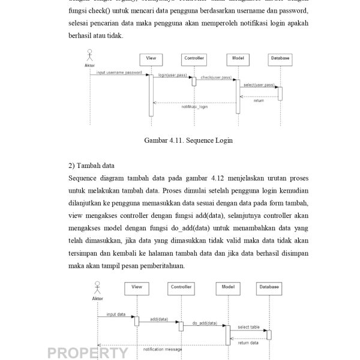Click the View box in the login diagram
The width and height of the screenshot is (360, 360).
coord(151,58)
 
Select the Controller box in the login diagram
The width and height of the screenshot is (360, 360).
coord(193,58)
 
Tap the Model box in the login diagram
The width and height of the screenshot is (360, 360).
coord(236,58)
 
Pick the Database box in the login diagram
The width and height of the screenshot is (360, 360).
coord(280,58)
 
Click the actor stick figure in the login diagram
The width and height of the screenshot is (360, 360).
coord(91,55)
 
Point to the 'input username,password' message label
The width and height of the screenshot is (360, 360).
coord(119,72)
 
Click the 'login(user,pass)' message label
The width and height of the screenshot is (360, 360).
coord(172,75)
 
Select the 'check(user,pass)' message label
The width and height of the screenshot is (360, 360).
coord(216,77)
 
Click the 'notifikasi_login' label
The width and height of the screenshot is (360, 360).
coord(194,106)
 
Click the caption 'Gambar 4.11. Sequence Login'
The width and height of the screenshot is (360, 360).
coord(188,140)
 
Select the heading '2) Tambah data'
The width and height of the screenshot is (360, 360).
coord(91,165)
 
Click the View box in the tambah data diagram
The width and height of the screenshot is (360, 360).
coord(137,287)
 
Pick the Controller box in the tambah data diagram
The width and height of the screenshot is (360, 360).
coord(181,287)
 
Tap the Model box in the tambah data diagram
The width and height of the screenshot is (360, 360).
coord(227,287)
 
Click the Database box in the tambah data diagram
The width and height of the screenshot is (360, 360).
coord(269,287)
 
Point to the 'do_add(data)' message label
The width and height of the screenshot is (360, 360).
coord(203,323)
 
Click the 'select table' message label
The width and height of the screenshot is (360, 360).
coord(248,327)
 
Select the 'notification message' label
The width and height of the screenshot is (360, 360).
coord(162,348)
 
